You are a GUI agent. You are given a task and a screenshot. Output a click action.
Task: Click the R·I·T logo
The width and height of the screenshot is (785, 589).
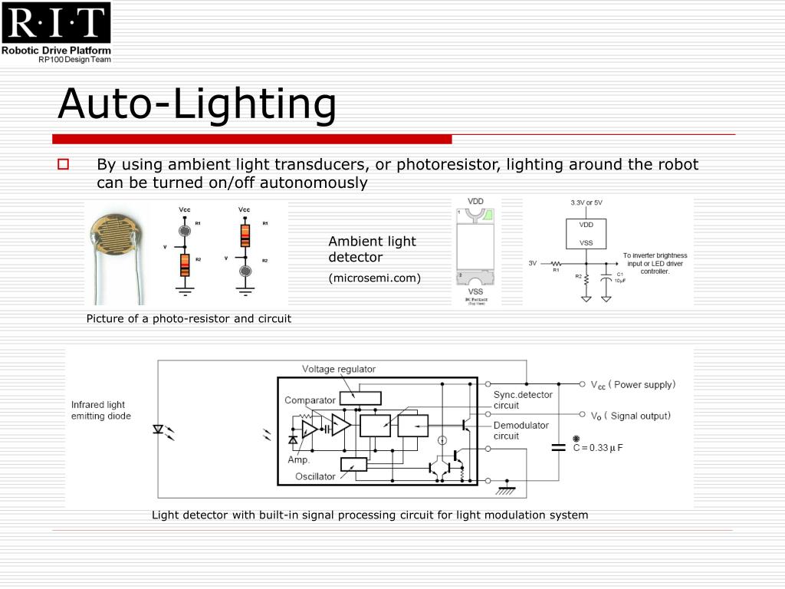click(56, 23)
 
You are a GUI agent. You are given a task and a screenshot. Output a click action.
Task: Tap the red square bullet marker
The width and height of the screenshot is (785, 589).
click(63, 164)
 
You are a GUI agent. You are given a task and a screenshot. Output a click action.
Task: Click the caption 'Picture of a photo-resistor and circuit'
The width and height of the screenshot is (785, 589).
click(189, 318)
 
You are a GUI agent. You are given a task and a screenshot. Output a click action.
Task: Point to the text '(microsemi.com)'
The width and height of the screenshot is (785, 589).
click(375, 278)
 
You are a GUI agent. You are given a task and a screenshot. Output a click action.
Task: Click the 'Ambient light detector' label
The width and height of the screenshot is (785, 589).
click(372, 249)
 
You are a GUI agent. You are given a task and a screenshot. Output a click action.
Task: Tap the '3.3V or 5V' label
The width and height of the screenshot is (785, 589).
click(586, 202)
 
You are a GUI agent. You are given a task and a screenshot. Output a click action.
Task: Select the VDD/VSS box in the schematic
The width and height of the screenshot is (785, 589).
click(586, 234)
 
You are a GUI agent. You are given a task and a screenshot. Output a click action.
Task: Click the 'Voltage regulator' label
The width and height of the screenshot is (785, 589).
click(338, 369)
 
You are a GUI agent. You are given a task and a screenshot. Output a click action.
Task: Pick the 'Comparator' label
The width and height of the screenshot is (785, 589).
click(310, 400)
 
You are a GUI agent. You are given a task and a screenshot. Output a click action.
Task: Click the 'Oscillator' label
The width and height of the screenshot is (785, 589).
click(315, 476)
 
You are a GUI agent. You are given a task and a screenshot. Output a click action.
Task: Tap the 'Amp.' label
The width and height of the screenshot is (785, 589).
click(298, 460)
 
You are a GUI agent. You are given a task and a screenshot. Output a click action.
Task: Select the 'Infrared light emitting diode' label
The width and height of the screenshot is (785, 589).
click(101, 410)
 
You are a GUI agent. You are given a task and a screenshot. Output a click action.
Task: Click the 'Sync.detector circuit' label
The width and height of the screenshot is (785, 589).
click(522, 400)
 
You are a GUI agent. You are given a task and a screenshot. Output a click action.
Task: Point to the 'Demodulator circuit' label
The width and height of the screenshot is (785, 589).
click(521, 430)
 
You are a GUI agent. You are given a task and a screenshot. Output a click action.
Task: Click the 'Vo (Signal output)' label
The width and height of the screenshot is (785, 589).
click(630, 416)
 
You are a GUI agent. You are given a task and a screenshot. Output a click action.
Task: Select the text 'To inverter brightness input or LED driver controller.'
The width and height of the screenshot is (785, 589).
click(655, 263)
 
